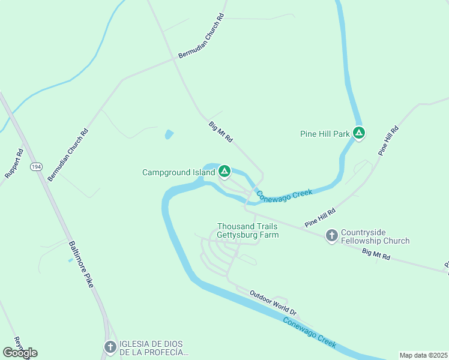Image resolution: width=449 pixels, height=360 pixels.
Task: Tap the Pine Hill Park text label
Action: tap(325, 134)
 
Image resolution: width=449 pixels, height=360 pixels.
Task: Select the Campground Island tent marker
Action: tap(224, 172)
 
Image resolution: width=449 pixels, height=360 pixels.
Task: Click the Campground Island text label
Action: tap(178, 173)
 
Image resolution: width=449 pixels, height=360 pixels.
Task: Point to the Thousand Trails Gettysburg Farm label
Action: tap(247, 230)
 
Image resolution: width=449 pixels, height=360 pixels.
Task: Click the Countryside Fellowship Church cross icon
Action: tap(331, 236)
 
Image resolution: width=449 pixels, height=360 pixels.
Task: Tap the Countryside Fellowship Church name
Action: tap(375, 236)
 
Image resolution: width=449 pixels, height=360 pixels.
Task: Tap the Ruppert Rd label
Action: tap(14, 163)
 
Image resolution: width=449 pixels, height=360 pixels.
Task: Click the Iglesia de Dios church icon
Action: tap(110, 347)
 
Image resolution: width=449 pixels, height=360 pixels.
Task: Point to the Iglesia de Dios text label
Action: tap(154, 347)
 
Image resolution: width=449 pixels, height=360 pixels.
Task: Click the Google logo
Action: tap(20, 353)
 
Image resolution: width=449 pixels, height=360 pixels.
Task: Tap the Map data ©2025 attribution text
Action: tap(423, 355)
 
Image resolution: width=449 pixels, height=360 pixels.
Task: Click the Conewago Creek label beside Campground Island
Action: tap(285, 194)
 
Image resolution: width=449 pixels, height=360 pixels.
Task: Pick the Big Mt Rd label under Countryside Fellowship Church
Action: tap(376, 255)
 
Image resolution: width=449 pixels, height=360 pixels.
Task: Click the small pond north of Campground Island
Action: tap(169, 134)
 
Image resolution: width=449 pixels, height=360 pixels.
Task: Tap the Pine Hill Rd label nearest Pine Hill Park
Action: tap(388, 141)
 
